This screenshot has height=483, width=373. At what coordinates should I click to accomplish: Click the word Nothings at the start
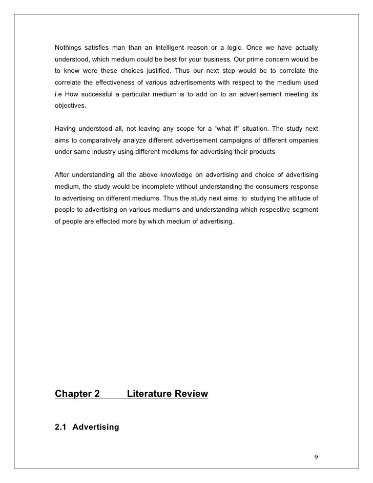tap(70, 48)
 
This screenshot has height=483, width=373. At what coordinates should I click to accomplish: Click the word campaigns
tap(226, 140)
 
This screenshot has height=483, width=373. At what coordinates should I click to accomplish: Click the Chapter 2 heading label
tap(77, 394)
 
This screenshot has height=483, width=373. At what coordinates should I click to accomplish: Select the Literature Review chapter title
tap(167, 394)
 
